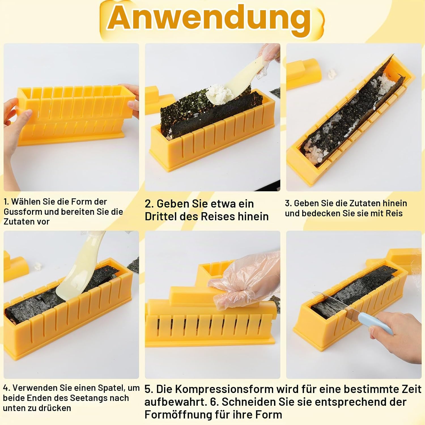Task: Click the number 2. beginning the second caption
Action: [x=149, y=204]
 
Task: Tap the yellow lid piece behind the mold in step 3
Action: [x=305, y=74]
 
